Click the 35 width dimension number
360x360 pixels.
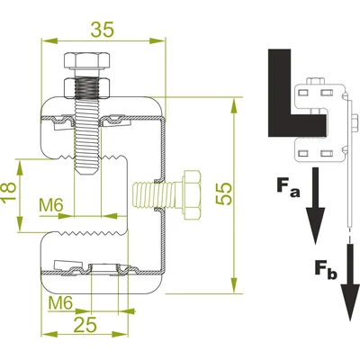(103, 30)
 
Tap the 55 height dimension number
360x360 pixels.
(224, 193)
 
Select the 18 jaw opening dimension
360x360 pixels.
(8, 192)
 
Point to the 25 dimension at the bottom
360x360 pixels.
(85, 324)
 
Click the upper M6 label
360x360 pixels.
(51, 205)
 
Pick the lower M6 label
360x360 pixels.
(60, 303)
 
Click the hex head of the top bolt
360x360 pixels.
(86, 61)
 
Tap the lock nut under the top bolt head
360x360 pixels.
(86, 88)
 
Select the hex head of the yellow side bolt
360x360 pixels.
(191, 195)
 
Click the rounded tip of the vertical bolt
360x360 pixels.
(87, 172)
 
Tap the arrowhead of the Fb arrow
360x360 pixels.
(350, 302)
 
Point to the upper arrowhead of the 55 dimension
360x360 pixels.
(234, 105)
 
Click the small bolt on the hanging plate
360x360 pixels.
(355, 123)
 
